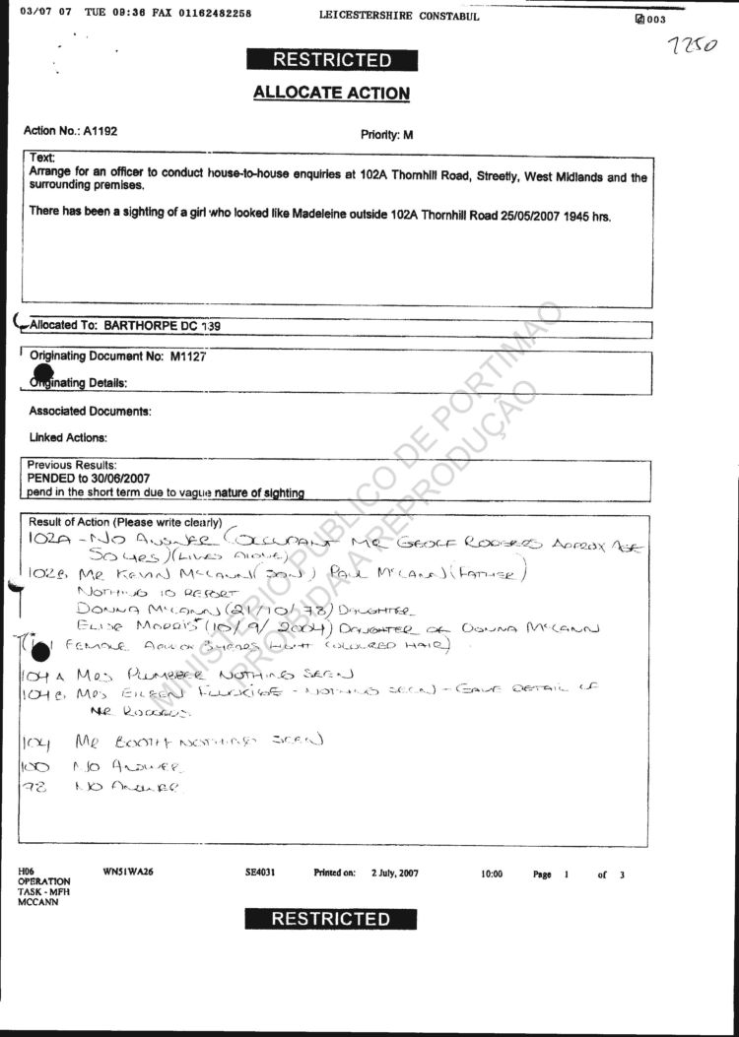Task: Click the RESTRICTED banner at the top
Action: [331, 59]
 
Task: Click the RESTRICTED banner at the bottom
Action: [331, 919]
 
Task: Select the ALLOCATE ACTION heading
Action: [331, 94]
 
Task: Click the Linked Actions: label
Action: [68, 437]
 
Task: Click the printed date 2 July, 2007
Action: [395, 874]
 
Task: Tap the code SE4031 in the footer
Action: [259, 874]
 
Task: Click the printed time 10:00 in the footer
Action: [492, 874]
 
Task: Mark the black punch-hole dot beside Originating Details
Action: [42, 372]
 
